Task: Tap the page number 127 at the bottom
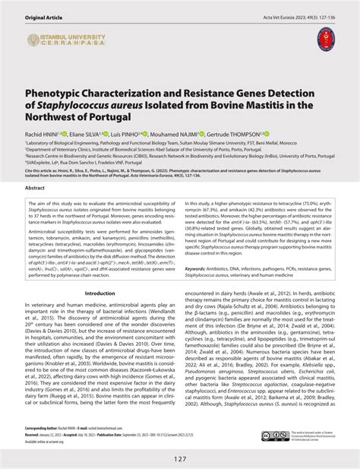[x=179, y=457]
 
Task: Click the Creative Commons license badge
[x=274, y=436]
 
